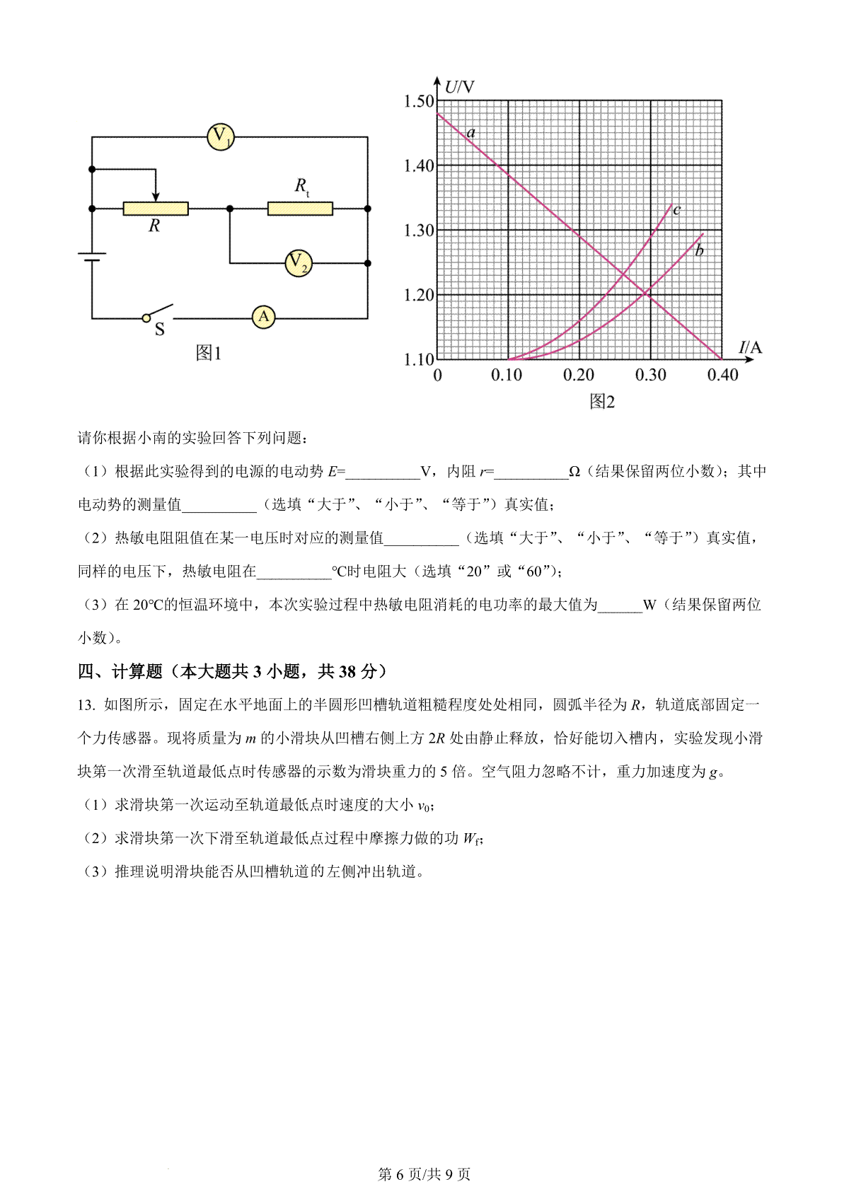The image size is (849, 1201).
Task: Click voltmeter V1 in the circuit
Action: tap(221, 137)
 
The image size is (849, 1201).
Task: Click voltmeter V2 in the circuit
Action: tap(299, 263)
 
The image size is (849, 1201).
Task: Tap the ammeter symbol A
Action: tap(264, 318)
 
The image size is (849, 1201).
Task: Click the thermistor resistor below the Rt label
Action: tap(300, 209)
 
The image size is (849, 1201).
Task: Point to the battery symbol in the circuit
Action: tap(92, 257)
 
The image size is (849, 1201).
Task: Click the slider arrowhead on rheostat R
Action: tap(156, 196)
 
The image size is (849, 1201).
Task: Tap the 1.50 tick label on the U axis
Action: tap(418, 101)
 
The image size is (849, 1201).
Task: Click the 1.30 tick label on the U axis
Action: tap(418, 231)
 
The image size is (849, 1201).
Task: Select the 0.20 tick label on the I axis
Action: tap(578, 376)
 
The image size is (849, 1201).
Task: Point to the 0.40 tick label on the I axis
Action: tap(722, 376)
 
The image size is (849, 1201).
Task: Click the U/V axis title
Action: tap(459, 88)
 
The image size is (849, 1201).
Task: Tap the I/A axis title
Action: tap(750, 347)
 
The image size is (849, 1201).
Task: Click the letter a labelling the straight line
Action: tap(471, 132)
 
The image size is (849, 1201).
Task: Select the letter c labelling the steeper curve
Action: tap(677, 209)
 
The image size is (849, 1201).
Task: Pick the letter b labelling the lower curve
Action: tap(699, 251)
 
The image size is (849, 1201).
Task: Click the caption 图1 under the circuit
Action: tap(209, 353)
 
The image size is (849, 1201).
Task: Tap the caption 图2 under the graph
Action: tap(602, 402)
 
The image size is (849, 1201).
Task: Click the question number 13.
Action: tap(86, 705)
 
